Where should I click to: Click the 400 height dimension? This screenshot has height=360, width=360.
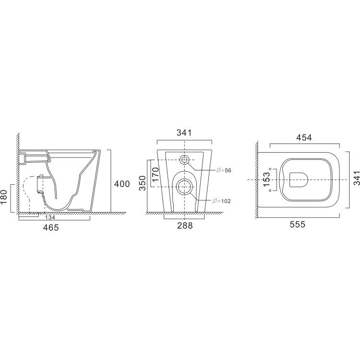tap(122, 184)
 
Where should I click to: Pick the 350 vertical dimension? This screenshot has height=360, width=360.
tap(143, 183)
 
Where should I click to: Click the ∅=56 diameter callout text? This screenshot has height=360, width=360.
tap(224, 171)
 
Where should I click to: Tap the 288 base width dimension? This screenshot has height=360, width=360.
tap(184, 226)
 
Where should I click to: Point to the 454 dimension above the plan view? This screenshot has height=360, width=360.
tap(304, 138)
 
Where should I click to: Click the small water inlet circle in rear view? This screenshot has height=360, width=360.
tap(184, 160)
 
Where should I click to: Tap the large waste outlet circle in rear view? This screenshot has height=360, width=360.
tap(184, 186)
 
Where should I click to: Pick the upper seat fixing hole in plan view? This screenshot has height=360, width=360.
tap(271, 168)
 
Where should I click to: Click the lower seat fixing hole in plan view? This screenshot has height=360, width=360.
tap(271, 191)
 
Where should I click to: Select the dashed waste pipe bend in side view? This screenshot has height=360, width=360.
tap(29, 192)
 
